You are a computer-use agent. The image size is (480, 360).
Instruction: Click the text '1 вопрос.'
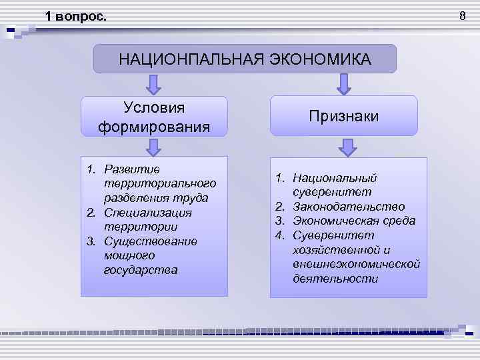point(75,16)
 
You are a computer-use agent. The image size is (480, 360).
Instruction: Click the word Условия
point(154,107)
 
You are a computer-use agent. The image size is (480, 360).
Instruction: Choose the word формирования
point(154,126)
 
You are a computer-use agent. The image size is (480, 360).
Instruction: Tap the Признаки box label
point(343,116)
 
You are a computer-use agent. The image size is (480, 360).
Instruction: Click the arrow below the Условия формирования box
point(154,146)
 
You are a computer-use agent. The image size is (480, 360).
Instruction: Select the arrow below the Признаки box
point(343,147)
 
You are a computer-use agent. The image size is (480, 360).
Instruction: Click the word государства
point(141,270)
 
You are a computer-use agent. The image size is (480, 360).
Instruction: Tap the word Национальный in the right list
point(335,178)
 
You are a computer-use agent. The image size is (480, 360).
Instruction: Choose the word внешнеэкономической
point(357,264)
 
